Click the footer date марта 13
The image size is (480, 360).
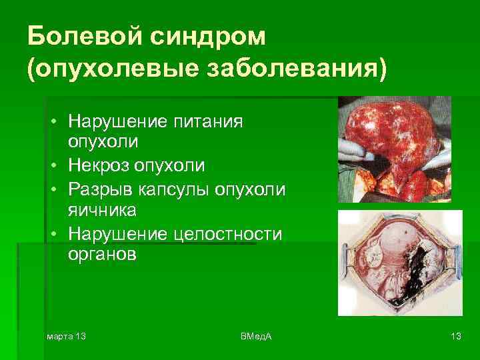tap(66, 335)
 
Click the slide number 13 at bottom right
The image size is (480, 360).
tap(456, 335)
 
